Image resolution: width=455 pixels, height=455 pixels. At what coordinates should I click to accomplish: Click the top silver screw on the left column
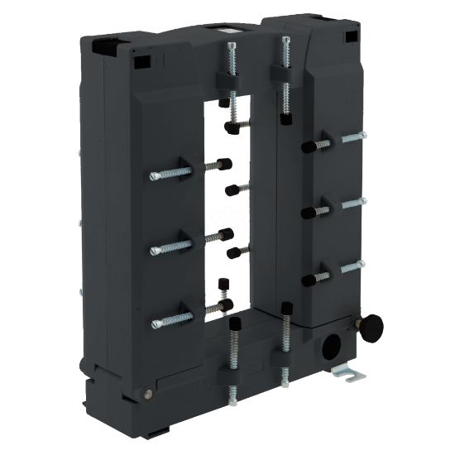[166, 176]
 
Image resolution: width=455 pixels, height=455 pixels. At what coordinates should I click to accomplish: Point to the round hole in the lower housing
[334, 345]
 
